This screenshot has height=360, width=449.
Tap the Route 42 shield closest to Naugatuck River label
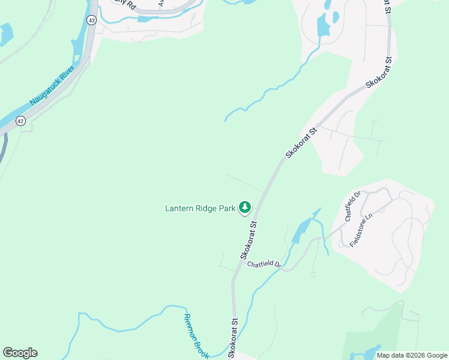click(x=21, y=121)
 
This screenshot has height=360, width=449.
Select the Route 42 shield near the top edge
click(x=91, y=20)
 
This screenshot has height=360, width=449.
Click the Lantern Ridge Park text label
click(x=200, y=209)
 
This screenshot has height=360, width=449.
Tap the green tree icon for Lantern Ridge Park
click(x=245, y=208)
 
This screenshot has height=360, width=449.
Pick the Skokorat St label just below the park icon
click(x=249, y=239)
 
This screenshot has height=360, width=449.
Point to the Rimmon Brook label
click(x=196, y=336)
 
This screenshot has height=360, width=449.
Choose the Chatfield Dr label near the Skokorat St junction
click(x=264, y=263)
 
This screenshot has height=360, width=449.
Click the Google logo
click(x=20, y=352)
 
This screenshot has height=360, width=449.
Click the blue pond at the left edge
click(x=5, y=34)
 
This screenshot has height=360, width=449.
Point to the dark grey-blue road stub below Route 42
click(x=3, y=147)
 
